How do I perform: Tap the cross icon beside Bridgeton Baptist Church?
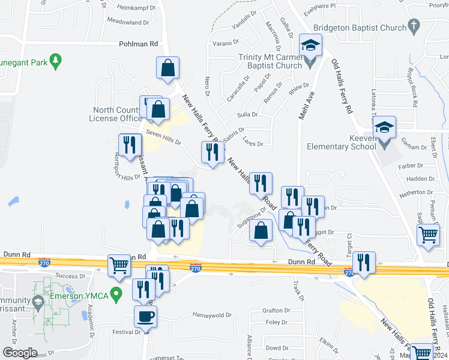pyautogui.click(x=414, y=26)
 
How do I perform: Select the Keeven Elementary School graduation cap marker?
pyautogui.click(x=384, y=128)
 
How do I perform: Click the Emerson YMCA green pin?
pyautogui.click(x=118, y=293)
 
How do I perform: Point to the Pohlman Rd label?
pyautogui.click(x=138, y=44)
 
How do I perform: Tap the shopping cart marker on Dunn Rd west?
pyautogui.click(x=119, y=265)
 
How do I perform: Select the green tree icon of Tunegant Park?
pyautogui.click(x=56, y=61)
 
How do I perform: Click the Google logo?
pyautogui.click(x=20, y=352)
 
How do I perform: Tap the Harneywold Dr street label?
pyautogui.click(x=212, y=315)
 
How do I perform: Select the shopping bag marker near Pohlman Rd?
pyautogui.click(x=167, y=68)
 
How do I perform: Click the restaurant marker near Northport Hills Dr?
pyautogui.click(x=130, y=145)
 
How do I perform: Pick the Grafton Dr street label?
pyautogui.click(x=276, y=310)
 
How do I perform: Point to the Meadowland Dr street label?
pyautogui.click(x=128, y=22)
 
